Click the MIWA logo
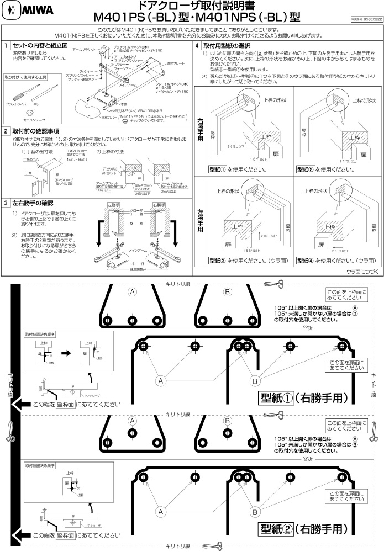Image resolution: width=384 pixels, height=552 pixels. pyautogui.click(x=20, y=11)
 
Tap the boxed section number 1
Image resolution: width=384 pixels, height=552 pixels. pyautogui.click(x=6, y=45)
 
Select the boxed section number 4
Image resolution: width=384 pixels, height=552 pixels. pyautogui.click(x=197, y=45)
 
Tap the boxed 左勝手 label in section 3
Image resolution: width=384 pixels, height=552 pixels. pyautogui.click(x=113, y=205)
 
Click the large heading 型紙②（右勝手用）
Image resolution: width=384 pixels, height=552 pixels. pyautogui.click(x=302, y=529)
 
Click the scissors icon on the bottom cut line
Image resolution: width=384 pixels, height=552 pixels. pyautogui.click(x=221, y=546)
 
